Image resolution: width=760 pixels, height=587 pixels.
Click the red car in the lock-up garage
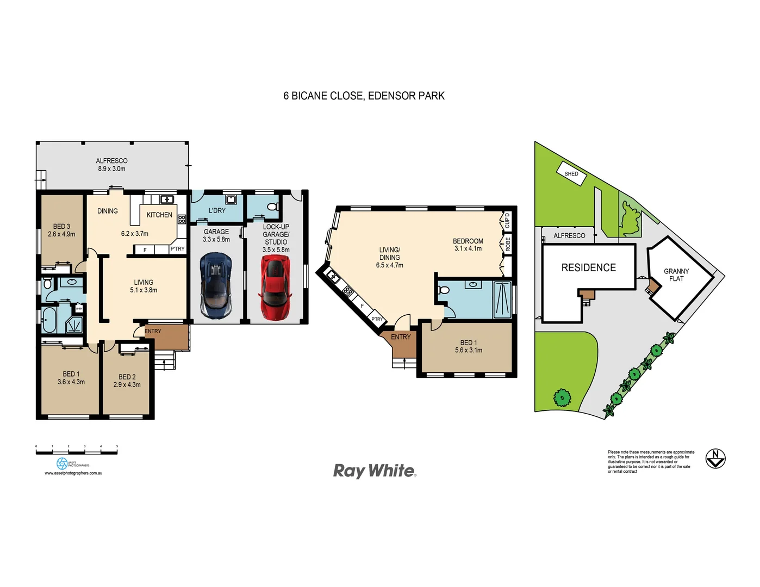276,288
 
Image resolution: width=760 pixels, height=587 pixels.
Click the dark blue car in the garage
216,285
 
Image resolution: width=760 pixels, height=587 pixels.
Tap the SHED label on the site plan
571,174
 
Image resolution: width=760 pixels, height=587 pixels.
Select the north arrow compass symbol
715,458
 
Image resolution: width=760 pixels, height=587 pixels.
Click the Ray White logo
375,471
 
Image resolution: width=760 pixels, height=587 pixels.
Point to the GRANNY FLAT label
676,275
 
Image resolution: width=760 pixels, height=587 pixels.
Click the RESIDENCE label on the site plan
589,267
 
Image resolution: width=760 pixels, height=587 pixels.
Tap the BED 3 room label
61,227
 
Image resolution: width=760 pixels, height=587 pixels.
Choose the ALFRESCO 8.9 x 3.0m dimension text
111,169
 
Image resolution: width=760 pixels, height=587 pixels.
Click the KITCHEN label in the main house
159,215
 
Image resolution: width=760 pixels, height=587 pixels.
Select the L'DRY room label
217,210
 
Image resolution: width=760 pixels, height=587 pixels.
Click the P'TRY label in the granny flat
377,319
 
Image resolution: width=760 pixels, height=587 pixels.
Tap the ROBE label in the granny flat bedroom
508,244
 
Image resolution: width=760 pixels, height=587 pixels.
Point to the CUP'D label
507,220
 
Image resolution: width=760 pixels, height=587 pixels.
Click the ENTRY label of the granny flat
401,337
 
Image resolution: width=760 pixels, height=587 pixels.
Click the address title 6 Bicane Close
364,96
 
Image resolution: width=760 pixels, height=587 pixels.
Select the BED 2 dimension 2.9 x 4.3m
127,385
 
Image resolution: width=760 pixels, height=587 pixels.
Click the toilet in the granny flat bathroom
444,290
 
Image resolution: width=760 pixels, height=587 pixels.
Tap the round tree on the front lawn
562,397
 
